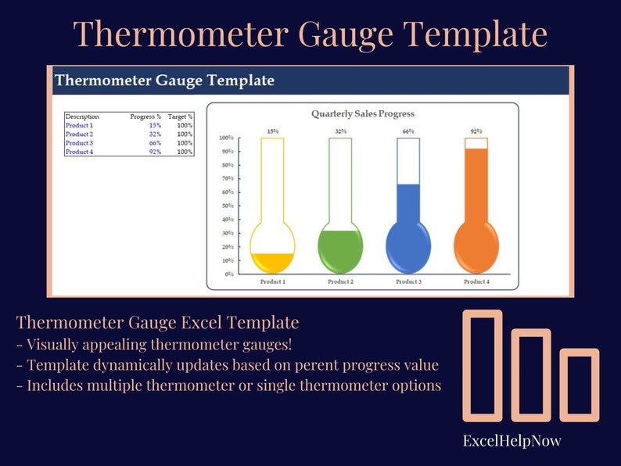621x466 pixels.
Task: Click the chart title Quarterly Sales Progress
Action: point(363,114)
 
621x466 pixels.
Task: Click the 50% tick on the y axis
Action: point(228,206)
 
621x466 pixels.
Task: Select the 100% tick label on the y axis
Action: point(226,138)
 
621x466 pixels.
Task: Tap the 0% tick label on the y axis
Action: point(229,274)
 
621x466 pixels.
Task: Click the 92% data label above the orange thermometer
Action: point(476,131)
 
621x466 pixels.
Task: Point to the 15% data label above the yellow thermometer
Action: point(272,131)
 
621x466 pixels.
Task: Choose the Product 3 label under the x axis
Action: point(409,281)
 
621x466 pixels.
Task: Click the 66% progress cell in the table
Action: point(155,143)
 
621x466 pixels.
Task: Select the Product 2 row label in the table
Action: point(79,134)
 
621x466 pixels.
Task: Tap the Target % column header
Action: point(180,116)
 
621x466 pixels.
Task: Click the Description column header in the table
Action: point(82,116)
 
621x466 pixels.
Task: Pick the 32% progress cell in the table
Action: point(155,134)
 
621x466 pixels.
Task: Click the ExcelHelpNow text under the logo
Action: point(512,441)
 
